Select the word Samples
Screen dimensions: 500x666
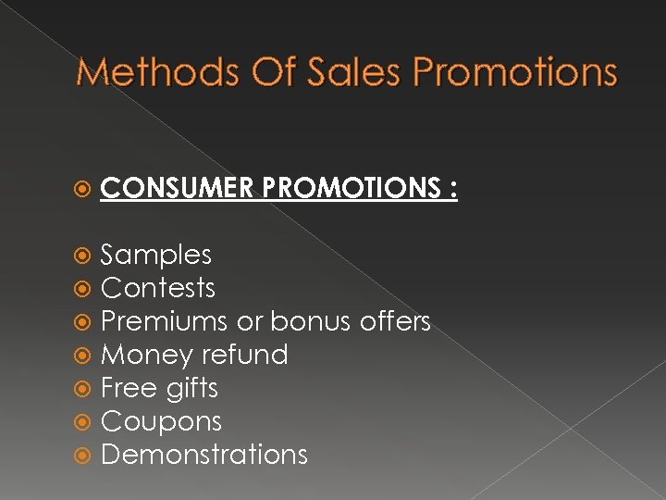pyautogui.click(x=155, y=255)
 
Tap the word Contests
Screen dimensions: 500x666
pyautogui.click(x=157, y=288)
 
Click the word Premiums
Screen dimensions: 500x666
pyautogui.click(x=165, y=321)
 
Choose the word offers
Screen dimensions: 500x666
pyautogui.click(x=394, y=321)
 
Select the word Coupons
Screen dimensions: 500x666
pyautogui.click(x=161, y=421)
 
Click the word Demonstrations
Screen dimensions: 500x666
pyautogui.click(x=203, y=455)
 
